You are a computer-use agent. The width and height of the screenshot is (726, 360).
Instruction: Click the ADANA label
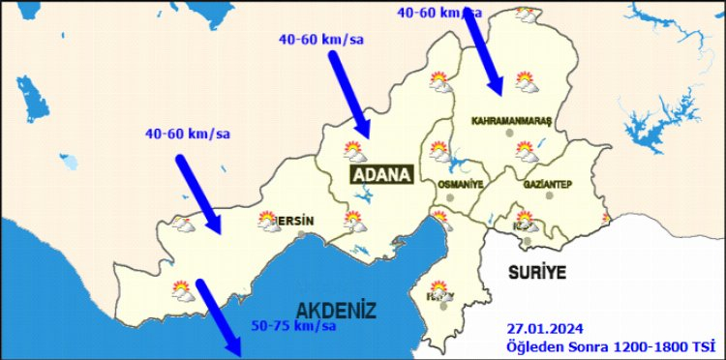(381, 174)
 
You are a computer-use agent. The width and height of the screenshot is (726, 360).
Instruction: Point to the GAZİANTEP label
(548, 184)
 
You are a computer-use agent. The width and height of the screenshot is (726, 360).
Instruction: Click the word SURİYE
(536, 272)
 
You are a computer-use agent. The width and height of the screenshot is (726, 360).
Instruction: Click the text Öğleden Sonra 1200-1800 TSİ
(609, 345)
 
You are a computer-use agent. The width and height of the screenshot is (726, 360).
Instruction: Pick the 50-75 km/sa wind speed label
(293, 325)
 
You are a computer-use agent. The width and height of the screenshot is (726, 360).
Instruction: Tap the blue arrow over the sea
(220, 318)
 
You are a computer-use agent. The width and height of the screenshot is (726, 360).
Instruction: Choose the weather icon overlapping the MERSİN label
(269, 223)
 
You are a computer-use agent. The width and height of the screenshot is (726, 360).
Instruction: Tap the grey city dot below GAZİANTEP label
(549, 196)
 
